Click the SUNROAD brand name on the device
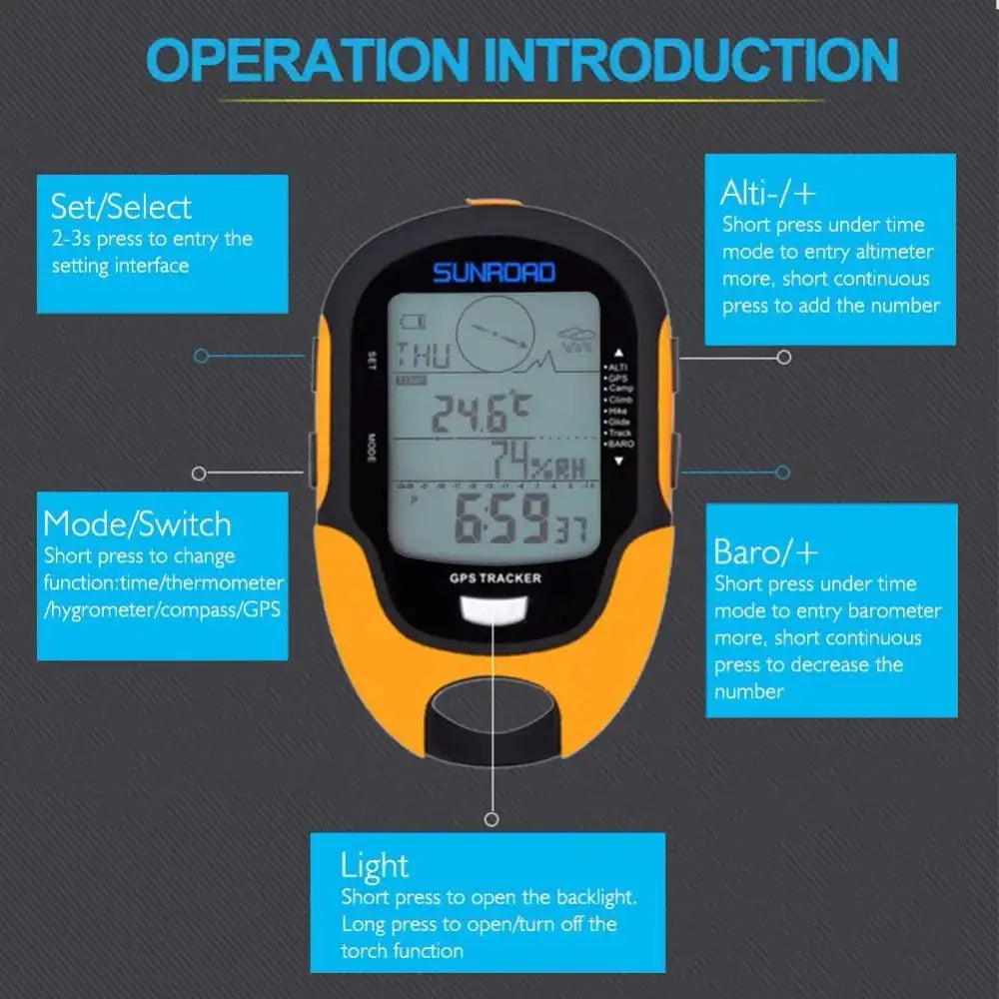coord(494,272)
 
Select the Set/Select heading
coord(121,207)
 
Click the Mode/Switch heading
coord(137,524)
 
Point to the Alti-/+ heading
coord(769,191)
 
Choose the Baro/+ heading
coord(766,551)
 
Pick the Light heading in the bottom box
coord(375,865)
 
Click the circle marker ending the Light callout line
coord(491,819)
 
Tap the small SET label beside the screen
coord(371,361)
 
